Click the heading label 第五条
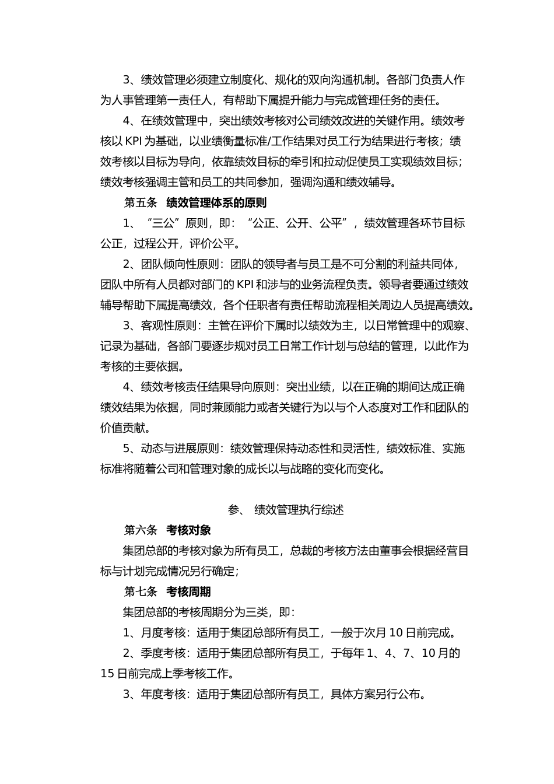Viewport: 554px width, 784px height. click(141, 203)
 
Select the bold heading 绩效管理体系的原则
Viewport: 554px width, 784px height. click(216, 203)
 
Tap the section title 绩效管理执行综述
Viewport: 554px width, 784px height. click(299, 510)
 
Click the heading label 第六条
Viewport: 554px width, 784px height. click(141, 530)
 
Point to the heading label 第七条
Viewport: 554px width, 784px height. click(141, 592)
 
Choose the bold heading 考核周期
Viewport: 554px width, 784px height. click(188, 592)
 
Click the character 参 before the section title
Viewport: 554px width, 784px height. click(234, 510)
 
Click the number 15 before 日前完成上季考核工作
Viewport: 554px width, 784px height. click(107, 674)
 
